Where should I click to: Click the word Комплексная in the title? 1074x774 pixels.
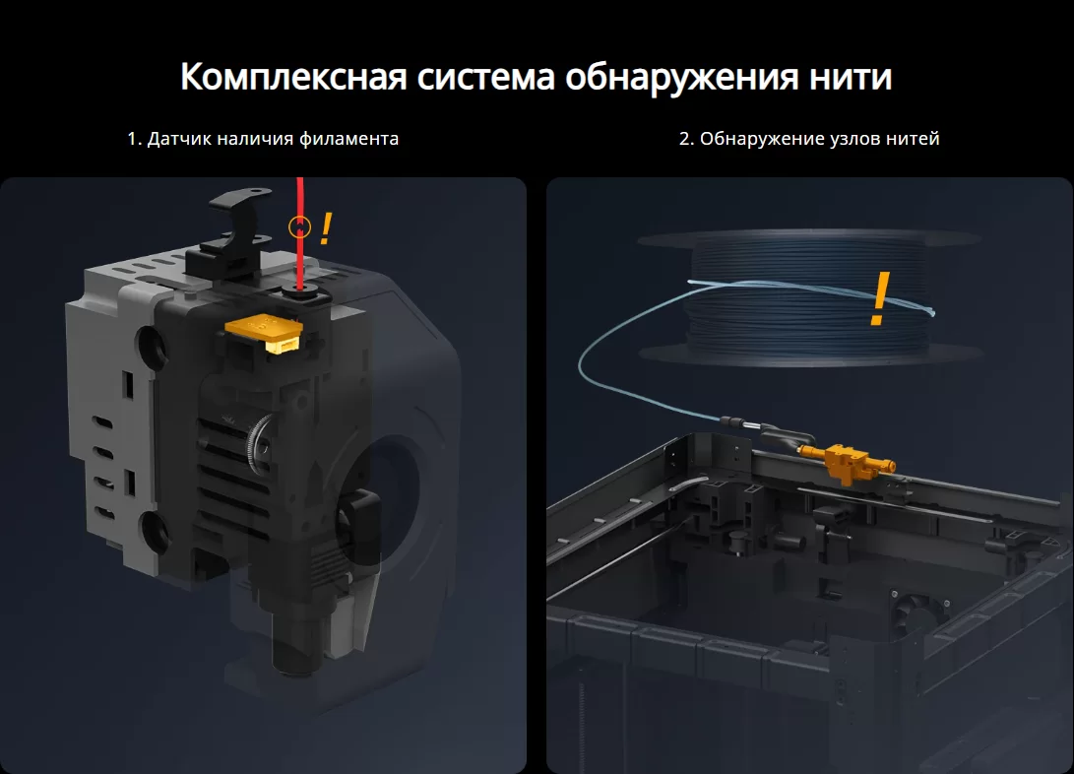click(293, 76)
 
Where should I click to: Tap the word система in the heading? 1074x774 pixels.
click(485, 76)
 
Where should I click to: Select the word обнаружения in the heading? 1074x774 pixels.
click(681, 78)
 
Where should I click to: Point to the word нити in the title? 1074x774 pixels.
click(851, 76)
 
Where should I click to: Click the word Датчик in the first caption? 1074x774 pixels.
click(178, 139)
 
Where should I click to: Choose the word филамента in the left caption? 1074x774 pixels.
click(349, 139)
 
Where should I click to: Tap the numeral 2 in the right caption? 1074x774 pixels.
click(686, 139)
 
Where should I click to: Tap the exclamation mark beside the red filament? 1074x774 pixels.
click(326, 228)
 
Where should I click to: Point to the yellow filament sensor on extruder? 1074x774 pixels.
click(265, 333)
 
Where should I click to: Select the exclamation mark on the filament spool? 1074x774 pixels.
click(880, 298)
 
